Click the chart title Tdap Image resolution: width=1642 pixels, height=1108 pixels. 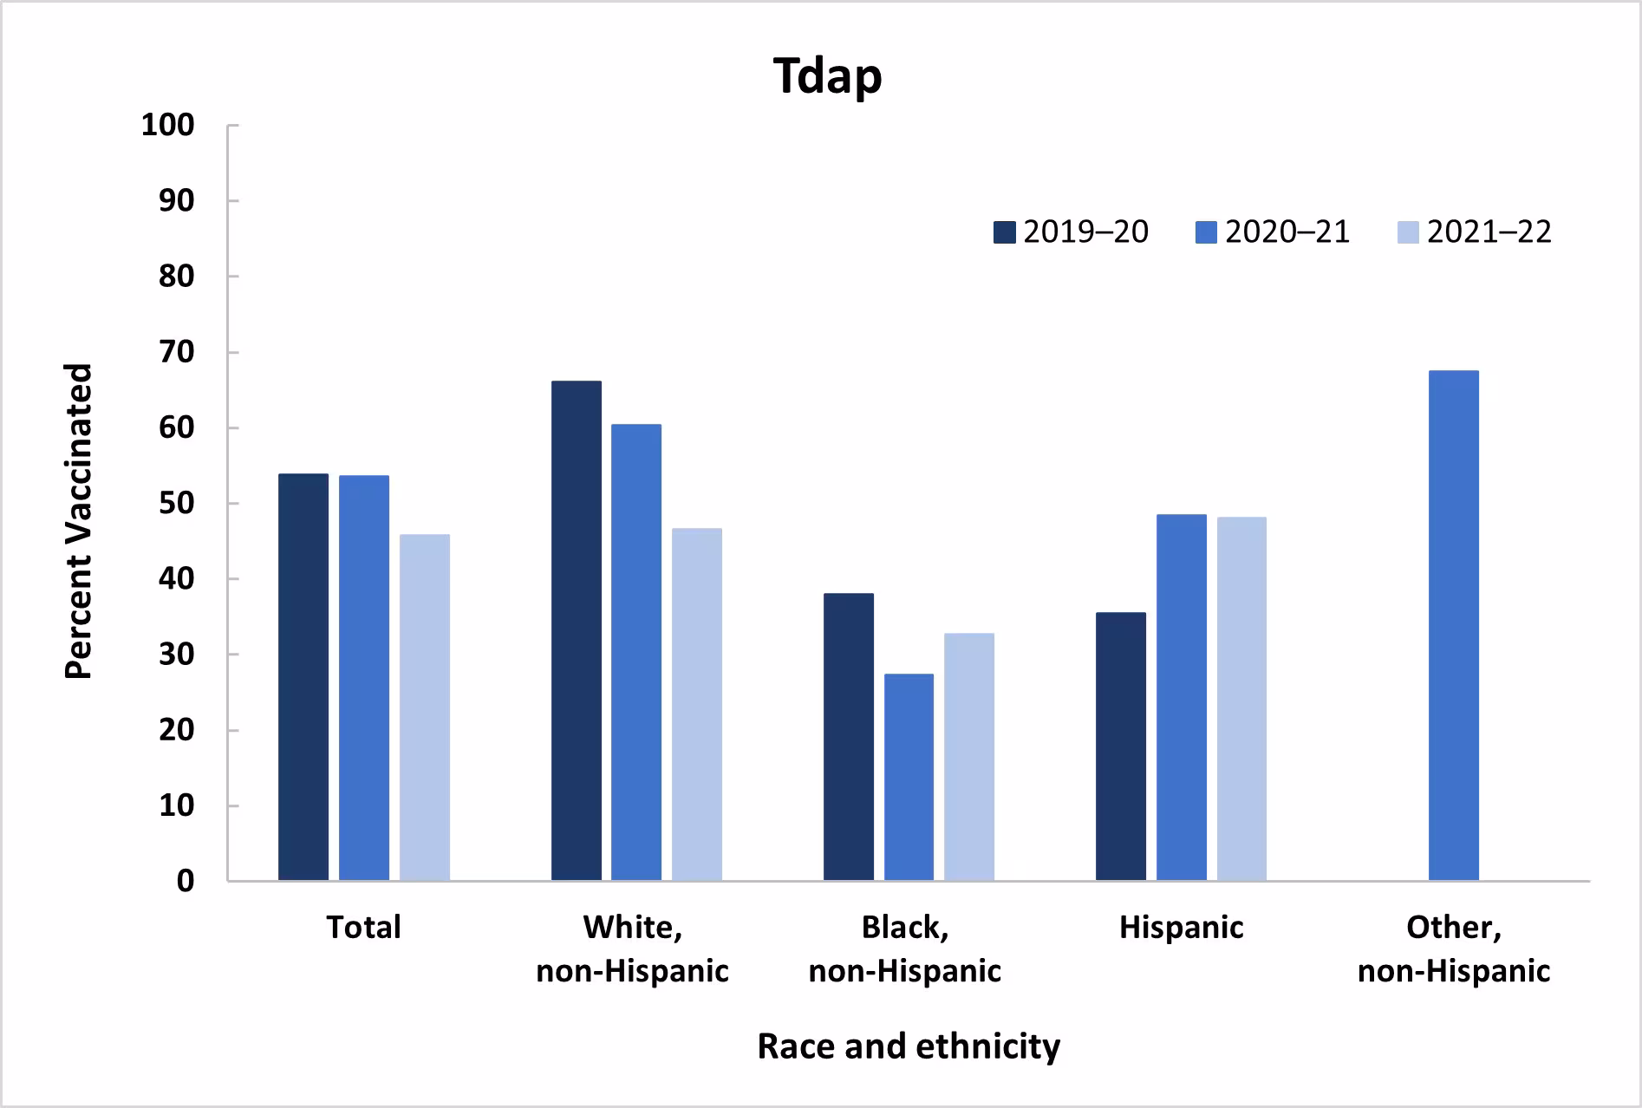tap(827, 76)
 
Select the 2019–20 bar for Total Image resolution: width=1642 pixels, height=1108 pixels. tap(303, 677)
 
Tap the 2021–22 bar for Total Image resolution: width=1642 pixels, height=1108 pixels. tap(425, 707)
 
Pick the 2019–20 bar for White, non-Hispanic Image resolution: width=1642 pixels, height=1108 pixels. tap(576, 630)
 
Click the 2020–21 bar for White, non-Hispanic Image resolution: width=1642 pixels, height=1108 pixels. tap(636, 652)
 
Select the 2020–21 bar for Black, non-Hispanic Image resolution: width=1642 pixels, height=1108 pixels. tap(909, 777)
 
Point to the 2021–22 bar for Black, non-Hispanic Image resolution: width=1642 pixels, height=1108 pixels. tap(969, 757)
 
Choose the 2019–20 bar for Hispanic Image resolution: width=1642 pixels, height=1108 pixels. tap(1120, 746)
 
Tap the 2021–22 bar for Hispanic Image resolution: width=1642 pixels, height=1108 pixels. tap(1241, 699)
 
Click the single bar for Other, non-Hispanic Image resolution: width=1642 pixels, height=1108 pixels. tap(1453, 625)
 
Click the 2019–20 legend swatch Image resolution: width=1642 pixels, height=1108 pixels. tap(1004, 232)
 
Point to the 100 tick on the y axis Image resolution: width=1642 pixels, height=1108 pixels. tap(167, 126)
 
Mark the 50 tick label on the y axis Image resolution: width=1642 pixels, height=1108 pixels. tap(176, 504)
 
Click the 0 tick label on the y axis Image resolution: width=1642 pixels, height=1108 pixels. tap(185, 882)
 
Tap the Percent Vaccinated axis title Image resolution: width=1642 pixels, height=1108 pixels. tap(78, 521)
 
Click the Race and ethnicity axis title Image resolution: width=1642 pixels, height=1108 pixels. tap(908, 1046)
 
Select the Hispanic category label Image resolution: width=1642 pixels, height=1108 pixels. tap(1181, 928)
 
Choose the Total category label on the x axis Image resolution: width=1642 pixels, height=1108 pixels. tap(363, 928)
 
